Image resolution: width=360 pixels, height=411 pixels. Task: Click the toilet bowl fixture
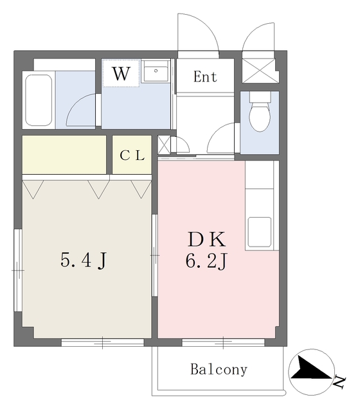tap(260, 116)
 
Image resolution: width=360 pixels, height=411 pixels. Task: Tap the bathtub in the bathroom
tap(39, 100)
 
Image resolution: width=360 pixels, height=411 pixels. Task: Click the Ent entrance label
tap(205, 76)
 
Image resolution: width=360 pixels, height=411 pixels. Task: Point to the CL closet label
tap(132, 155)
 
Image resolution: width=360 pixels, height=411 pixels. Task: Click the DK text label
tap(206, 239)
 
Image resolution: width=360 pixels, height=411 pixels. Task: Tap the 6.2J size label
tap(206, 261)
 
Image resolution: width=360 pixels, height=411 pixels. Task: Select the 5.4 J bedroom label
tap(84, 260)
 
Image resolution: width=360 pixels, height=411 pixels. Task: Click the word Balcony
tap(219, 369)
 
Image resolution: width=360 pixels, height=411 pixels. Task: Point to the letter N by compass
tap(340, 383)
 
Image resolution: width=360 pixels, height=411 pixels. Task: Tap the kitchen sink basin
tap(260, 232)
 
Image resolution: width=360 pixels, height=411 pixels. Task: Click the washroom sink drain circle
tap(156, 71)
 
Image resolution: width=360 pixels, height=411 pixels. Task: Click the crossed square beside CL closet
tap(164, 144)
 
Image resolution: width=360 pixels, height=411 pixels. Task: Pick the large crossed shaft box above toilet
tap(258, 70)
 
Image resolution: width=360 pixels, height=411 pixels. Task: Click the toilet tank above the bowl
tap(260, 97)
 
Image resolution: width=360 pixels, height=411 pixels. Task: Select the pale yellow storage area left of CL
tap(64, 154)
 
